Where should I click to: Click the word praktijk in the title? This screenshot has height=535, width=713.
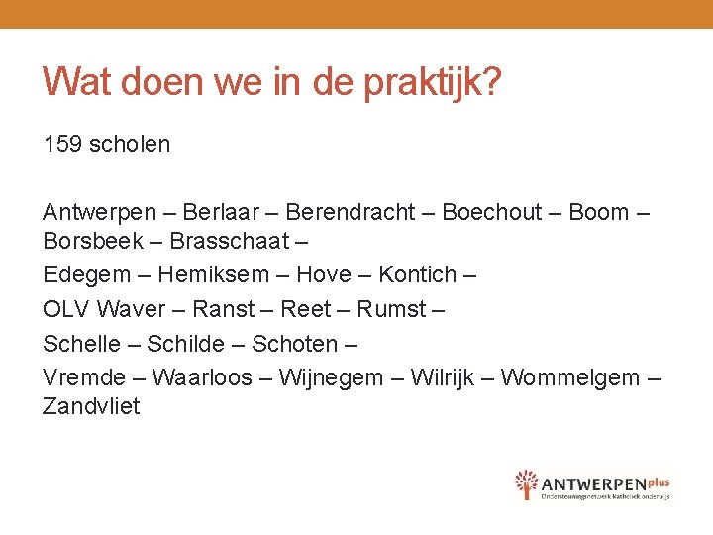coord(433,82)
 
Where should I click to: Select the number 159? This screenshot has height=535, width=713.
coord(62,144)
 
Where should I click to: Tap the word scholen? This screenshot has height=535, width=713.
coord(130,144)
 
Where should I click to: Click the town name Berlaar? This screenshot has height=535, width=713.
coord(221,212)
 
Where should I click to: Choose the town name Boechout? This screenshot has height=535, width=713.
coord(492,212)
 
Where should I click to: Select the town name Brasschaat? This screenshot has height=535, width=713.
coord(230,241)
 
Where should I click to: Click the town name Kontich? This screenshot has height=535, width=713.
coord(417,274)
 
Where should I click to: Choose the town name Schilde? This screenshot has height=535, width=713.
coord(186,344)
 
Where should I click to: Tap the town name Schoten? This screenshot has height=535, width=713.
coord(293,344)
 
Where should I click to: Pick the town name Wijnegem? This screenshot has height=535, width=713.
coord(332,377)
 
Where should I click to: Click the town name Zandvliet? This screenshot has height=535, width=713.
coord(91,406)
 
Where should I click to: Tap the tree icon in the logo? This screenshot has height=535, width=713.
coord(526,484)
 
